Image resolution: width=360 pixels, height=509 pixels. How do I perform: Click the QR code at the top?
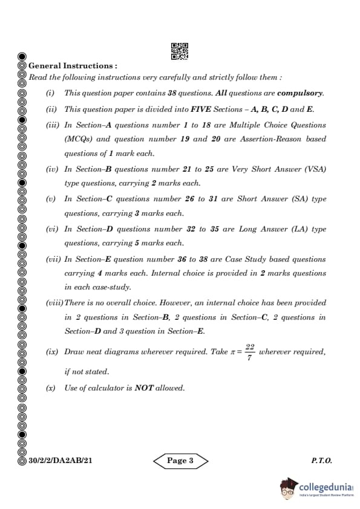click(x=180, y=51)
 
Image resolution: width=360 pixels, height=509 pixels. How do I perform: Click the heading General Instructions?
click(x=73, y=65)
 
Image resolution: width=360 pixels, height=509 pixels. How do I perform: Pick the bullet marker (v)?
click(x=51, y=199)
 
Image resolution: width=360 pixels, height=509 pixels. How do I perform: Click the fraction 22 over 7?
click(x=250, y=352)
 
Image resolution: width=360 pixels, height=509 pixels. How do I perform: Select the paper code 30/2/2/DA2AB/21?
click(x=60, y=461)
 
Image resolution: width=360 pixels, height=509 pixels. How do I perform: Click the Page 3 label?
click(x=180, y=461)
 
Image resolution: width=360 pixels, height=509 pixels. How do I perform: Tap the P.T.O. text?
click(x=321, y=461)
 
